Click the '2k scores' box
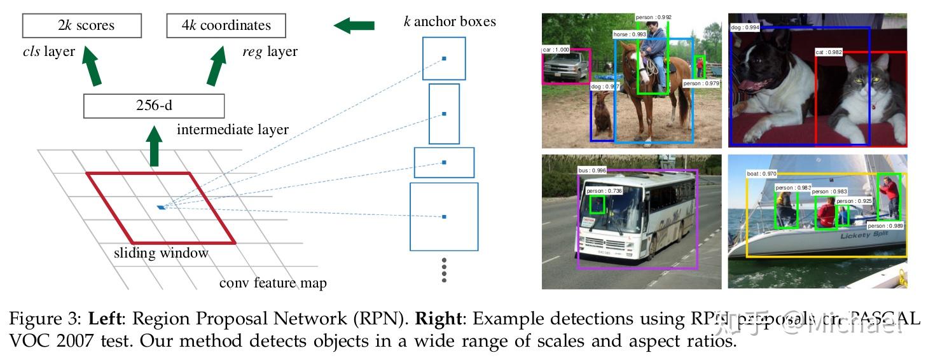81,26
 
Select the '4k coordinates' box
226,26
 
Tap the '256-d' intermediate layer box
154,106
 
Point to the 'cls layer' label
48,52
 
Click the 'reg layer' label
270,52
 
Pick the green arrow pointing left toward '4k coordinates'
354,26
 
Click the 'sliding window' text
161,253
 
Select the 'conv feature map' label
273,283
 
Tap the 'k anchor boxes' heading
450,22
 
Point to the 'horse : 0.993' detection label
630,34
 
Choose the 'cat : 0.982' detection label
829,52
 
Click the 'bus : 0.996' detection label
592,170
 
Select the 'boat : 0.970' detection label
761,173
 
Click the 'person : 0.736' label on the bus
604,191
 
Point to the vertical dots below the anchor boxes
444,270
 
